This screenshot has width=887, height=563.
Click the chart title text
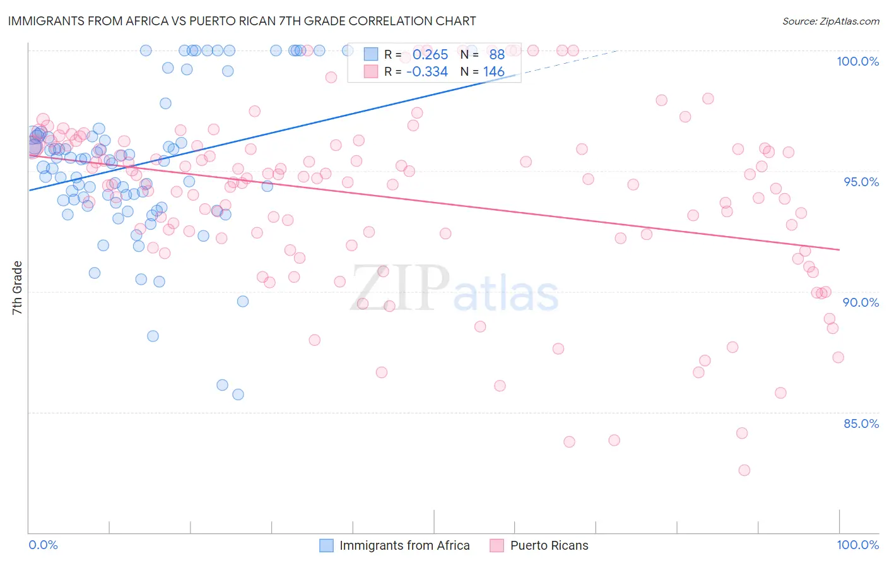pyautogui.click(x=242, y=21)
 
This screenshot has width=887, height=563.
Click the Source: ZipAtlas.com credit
pyautogui.click(x=830, y=21)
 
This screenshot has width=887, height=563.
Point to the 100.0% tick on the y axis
pyautogui.click(x=857, y=61)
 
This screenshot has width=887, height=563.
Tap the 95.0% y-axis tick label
pyautogui.click(x=861, y=182)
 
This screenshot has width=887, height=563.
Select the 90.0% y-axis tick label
pyautogui.click(x=861, y=302)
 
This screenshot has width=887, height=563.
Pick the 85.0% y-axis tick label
pyautogui.click(x=861, y=424)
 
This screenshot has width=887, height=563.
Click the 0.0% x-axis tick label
pyautogui.click(x=43, y=545)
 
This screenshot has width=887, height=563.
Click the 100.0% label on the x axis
pyautogui.click(x=857, y=545)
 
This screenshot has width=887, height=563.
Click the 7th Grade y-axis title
pyautogui.click(x=17, y=288)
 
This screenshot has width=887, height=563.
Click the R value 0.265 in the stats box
pyautogui.click(x=430, y=55)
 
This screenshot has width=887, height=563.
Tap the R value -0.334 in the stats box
pyautogui.click(x=427, y=72)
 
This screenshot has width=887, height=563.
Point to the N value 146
pyautogui.click(x=494, y=72)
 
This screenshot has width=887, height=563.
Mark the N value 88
pyautogui.click(x=497, y=55)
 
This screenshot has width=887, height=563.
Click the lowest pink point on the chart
pyautogui.click(x=744, y=470)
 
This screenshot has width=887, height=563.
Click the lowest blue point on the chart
pyautogui.click(x=238, y=394)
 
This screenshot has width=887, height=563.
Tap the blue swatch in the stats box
pyautogui.click(x=370, y=55)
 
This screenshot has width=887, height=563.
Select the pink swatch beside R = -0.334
pyautogui.click(x=370, y=72)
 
